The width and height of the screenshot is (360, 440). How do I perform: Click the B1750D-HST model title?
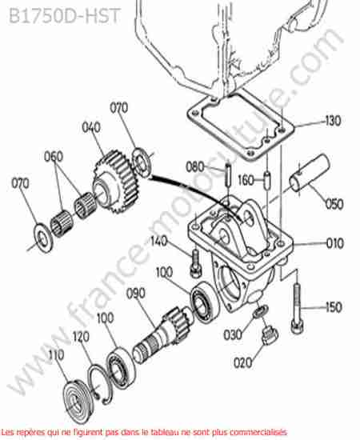pyautogui.click(x=65, y=15)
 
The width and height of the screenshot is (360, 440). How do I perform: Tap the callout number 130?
pyautogui.click(x=333, y=121)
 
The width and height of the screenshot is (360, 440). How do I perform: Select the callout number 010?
pyautogui.click(x=334, y=243)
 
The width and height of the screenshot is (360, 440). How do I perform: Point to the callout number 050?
pyautogui.click(x=334, y=204)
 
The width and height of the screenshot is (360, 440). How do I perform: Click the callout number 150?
pyautogui.click(x=334, y=307)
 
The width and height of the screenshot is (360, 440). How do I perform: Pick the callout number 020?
pyautogui.click(x=242, y=363)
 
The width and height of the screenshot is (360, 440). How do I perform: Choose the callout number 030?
pyautogui.click(x=232, y=334)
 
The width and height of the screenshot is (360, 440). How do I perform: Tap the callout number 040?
pyautogui.click(x=91, y=127)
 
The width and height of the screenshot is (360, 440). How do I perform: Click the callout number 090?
pyautogui.click(x=136, y=294)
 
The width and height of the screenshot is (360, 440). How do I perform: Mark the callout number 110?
pyautogui.click(x=56, y=355)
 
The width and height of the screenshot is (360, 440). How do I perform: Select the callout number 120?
pyautogui.click(x=81, y=337)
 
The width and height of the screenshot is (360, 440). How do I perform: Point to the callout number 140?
pyautogui.click(x=159, y=241)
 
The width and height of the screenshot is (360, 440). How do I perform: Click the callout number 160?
pyautogui.click(x=246, y=180)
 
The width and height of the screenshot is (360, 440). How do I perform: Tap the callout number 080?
pyautogui.click(x=194, y=167)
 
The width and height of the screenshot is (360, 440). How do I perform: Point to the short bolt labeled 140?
pyautogui.click(x=195, y=264)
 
